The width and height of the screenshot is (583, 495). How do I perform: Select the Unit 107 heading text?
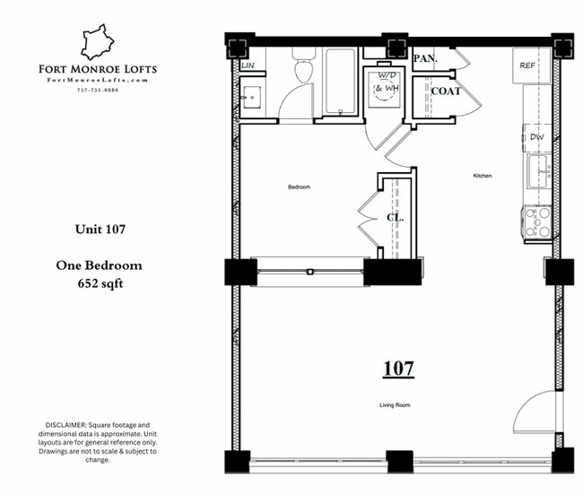coord(99,230)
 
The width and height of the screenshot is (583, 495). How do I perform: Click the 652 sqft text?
coord(100,284)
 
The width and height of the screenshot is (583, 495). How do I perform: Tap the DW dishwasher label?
coord(536,136)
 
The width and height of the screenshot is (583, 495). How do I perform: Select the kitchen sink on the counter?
coord(538,170)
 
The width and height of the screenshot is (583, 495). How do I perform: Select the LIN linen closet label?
coord(248,65)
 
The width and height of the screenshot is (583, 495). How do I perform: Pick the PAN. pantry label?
coord(425,59)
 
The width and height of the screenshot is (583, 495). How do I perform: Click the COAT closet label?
coord(446,91)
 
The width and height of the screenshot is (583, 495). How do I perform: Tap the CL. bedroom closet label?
coord(395,218)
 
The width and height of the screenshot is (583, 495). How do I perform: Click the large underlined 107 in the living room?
coord(397,368)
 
